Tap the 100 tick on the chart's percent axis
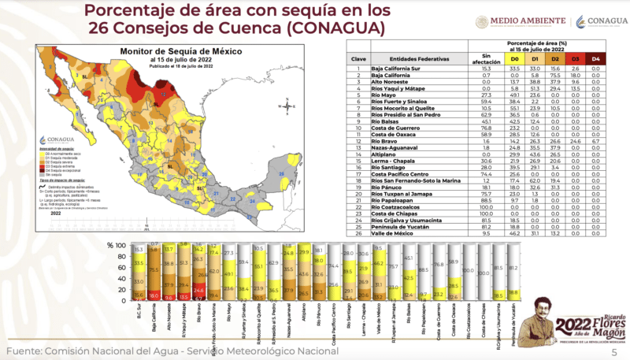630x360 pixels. pyautogui.click(x=120, y=245)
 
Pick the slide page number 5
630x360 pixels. pyautogui.click(x=615, y=351)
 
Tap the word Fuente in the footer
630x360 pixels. pyautogui.click(x=25, y=351)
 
